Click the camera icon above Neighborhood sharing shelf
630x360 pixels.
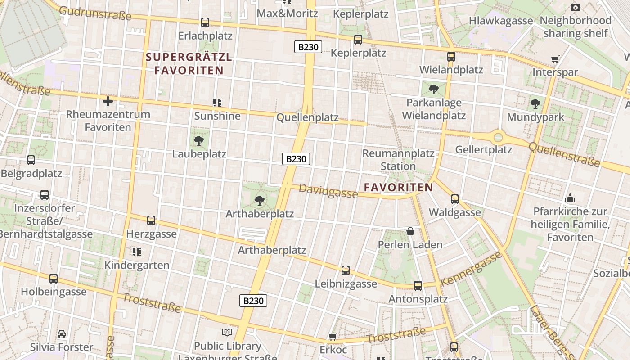pos(575,7)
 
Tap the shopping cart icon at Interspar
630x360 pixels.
pos(555,59)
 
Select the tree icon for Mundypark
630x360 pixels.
pos(535,104)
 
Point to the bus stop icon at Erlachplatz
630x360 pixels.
pos(205,22)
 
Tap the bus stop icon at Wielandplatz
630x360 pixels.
pos(451,57)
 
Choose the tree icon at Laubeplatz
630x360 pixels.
pos(199,141)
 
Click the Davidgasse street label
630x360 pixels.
pos(328,191)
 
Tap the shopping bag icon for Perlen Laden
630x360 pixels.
pos(410,231)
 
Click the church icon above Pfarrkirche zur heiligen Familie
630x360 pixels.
pos(570,198)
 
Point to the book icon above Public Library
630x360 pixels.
pos(228,333)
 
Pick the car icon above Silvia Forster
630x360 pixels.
pos(62,334)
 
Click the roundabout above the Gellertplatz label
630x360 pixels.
pos(498,137)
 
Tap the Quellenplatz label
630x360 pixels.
pos(307,117)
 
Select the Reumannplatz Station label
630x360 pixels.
pos(398,160)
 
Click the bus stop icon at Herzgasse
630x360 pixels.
pos(151,220)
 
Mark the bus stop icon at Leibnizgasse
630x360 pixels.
pos(346,270)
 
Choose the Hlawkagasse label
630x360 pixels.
pos(500,21)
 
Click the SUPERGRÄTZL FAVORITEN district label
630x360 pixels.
pos(189,63)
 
